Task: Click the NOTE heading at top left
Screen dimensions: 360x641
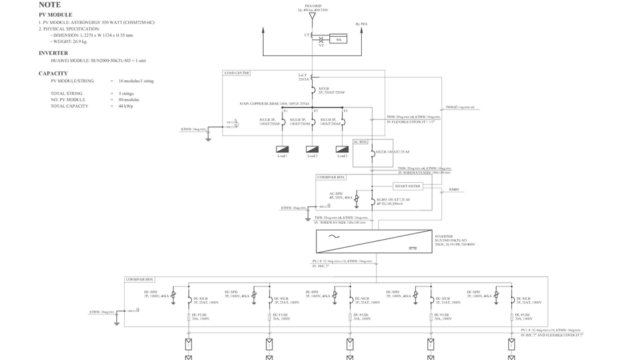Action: click(49, 5)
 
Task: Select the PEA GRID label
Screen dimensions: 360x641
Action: click(312, 7)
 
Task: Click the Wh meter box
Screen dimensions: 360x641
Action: click(339, 39)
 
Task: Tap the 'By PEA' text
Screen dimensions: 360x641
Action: click(361, 24)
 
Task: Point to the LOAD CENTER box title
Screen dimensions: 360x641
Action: click(237, 73)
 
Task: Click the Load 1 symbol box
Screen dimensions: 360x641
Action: click(282, 149)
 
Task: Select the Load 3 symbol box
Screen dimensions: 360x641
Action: click(341, 149)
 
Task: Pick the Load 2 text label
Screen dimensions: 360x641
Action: click(312, 156)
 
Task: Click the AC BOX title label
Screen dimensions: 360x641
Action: click(360, 142)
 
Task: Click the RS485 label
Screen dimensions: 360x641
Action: click(454, 190)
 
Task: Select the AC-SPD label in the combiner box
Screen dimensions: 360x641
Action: click(335, 194)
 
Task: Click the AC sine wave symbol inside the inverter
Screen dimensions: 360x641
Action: click(332, 236)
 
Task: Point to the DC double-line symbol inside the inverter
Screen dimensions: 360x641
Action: click(412, 248)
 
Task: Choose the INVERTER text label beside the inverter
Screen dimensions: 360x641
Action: click(443, 236)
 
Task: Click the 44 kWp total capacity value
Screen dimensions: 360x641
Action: click(126, 106)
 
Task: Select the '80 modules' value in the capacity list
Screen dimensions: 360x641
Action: click(129, 100)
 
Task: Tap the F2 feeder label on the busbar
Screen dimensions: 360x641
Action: click(315, 110)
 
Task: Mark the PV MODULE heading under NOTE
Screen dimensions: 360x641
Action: click(55, 15)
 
